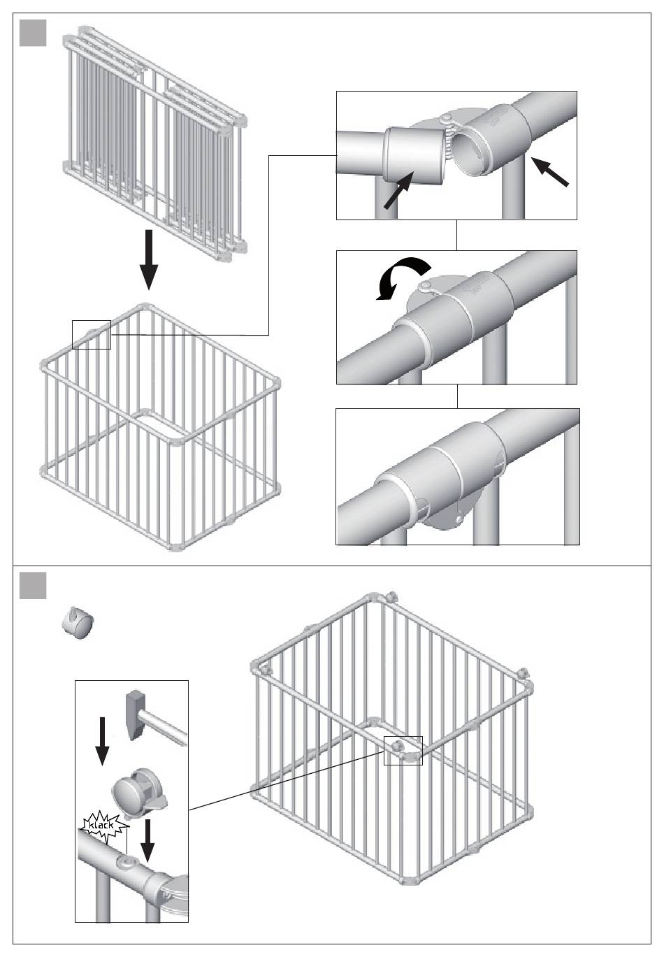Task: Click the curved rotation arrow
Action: click(403, 278)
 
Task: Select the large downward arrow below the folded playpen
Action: click(149, 260)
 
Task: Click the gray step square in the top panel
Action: click(33, 33)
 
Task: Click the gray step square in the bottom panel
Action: click(33, 586)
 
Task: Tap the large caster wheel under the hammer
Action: click(138, 791)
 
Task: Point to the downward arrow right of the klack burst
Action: click(147, 840)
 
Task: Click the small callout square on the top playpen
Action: click(92, 335)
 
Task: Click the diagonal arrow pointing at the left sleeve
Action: click(398, 190)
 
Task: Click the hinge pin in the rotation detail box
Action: click(426, 286)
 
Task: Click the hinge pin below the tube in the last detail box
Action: click(459, 519)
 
